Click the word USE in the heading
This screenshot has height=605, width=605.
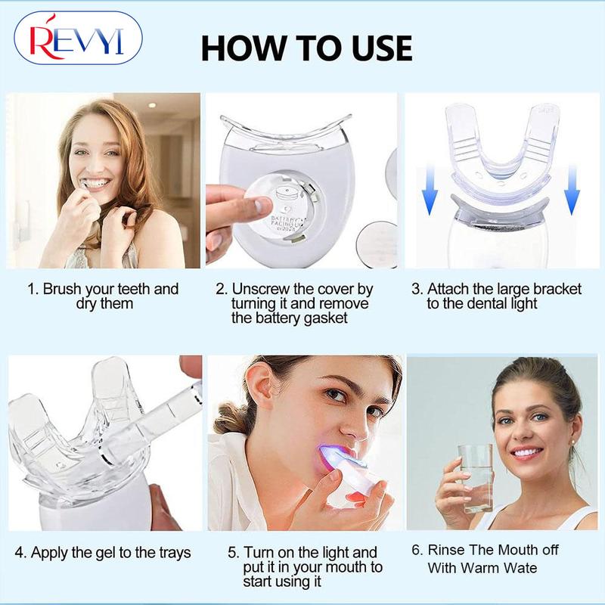point(371,47)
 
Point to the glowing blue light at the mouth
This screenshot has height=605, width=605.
point(333,456)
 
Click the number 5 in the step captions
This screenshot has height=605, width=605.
point(232,553)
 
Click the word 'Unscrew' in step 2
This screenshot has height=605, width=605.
point(265,289)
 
